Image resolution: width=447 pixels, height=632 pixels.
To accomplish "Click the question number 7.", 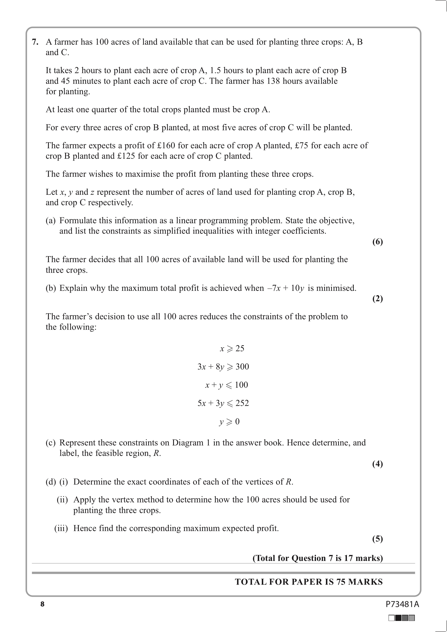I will tap(35, 42).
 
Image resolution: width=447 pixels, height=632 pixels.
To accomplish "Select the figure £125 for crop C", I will tap(126, 156).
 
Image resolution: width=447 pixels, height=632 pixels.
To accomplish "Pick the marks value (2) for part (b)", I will tap(377, 299).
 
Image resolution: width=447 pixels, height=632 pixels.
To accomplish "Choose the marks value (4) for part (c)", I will tap(377, 464).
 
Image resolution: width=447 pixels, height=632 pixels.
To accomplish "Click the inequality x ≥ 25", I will tap(232, 349).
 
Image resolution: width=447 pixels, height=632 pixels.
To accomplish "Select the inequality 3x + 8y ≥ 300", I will tap(223, 367).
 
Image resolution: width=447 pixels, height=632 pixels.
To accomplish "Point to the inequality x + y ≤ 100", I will tap(226, 385).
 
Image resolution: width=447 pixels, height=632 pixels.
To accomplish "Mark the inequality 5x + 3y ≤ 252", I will tap(223, 403).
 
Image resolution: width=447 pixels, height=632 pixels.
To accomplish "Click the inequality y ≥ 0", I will tap(229, 422).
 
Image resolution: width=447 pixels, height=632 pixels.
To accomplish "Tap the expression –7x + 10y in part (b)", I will tap(286, 288).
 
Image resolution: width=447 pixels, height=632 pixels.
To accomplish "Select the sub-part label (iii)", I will tap(61, 529).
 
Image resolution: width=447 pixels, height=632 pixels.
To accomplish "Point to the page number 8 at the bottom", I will tap(42, 604).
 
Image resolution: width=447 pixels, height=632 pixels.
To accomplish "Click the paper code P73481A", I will tap(402, 604).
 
